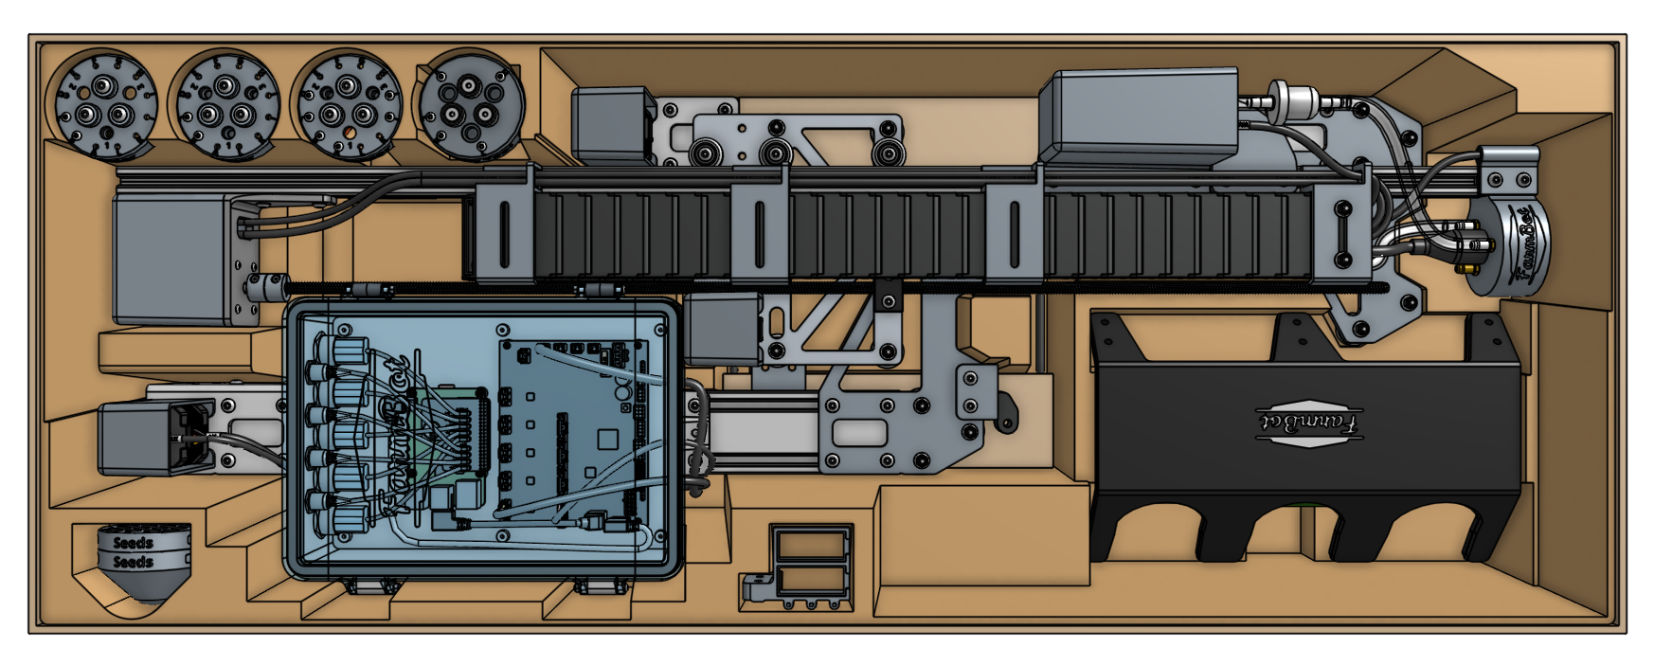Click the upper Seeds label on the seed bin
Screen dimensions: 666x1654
coord(133,543)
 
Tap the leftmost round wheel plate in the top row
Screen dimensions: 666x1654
coord(102,105)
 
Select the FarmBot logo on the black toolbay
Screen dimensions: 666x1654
coord(1310,422)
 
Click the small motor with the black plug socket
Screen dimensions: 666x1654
coord(142,437)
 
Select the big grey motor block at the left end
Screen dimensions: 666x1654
coord(171,258)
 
